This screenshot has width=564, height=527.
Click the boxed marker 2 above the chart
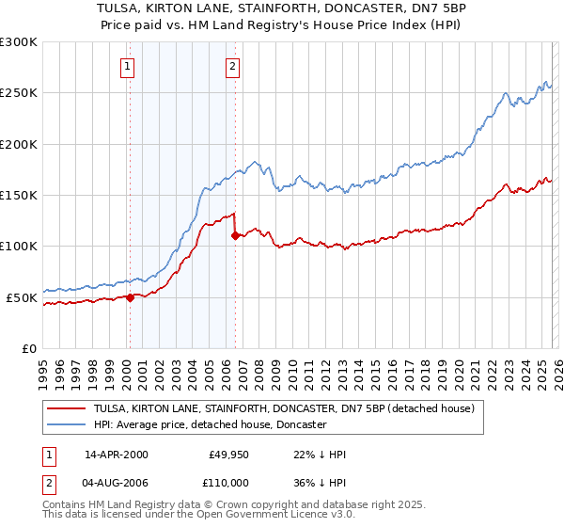coord(232,66)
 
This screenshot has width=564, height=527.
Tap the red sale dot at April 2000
coord(130,297)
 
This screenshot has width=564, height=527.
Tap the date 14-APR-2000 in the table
coord(117,455)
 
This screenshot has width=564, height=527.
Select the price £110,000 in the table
coord(228,481)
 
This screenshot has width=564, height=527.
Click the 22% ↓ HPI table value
coord(320,455)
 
